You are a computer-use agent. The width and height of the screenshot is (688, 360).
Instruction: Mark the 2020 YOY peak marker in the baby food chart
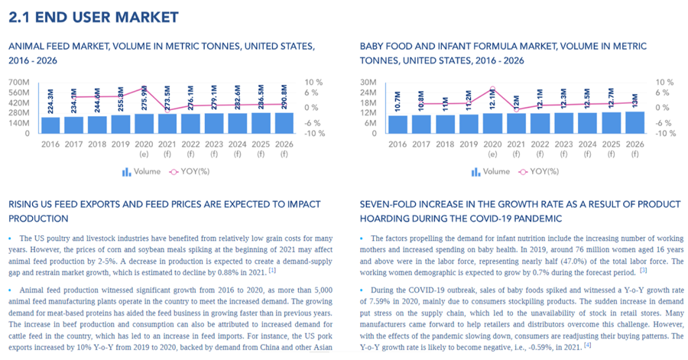492,89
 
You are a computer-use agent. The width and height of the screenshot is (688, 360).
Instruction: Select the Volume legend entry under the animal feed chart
144,172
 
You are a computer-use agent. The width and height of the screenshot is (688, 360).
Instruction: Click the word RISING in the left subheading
24,205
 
